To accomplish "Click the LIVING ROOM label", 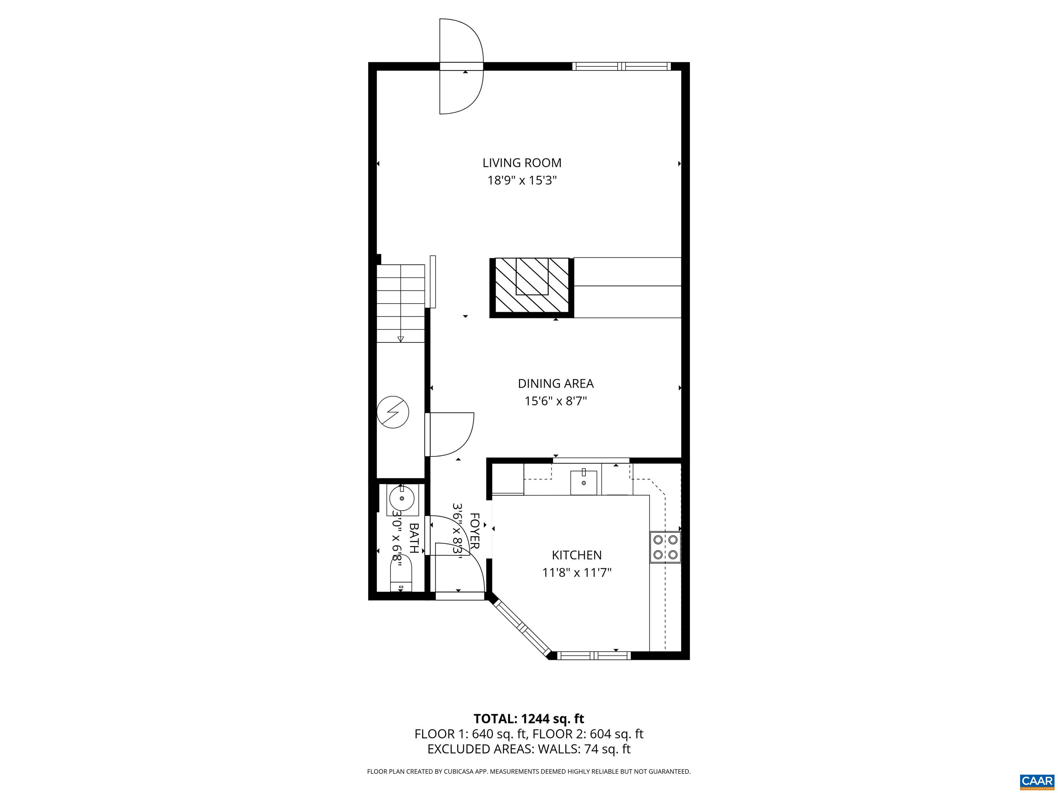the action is coord(521,163).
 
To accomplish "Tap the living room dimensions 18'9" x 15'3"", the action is coord(522,181).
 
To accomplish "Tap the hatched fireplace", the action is coord(531,287).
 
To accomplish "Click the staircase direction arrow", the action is coord(401,339).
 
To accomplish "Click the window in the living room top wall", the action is coord(621,66).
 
